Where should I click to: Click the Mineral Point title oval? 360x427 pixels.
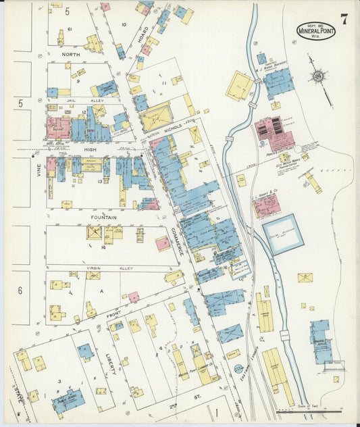coord(315,30)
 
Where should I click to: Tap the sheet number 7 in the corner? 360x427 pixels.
coord(344,19)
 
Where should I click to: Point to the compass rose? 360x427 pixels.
coord(317,77)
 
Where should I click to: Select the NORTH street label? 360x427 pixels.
coord(70,54)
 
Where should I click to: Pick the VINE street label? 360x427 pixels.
coord(38,174)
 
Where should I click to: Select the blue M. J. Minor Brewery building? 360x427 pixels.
coord(278,82)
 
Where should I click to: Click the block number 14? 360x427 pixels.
coord(103,248)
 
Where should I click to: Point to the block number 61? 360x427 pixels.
coord(70,30)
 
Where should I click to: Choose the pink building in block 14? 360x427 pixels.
coord(163,243)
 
